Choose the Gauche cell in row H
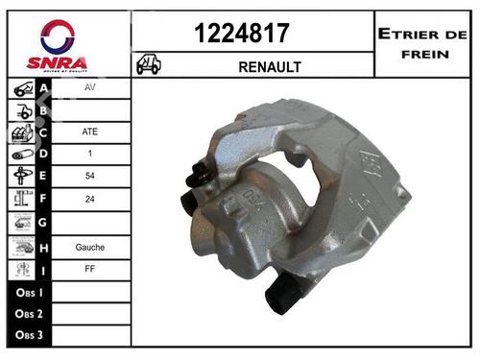click(x=89, y=247)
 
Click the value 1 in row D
click(x=89, y=155)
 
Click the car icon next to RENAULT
click(x=149, y=65)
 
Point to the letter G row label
click(x=43, y=223)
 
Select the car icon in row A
click(x=21, y=89)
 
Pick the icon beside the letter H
click(x=21, y=246)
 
